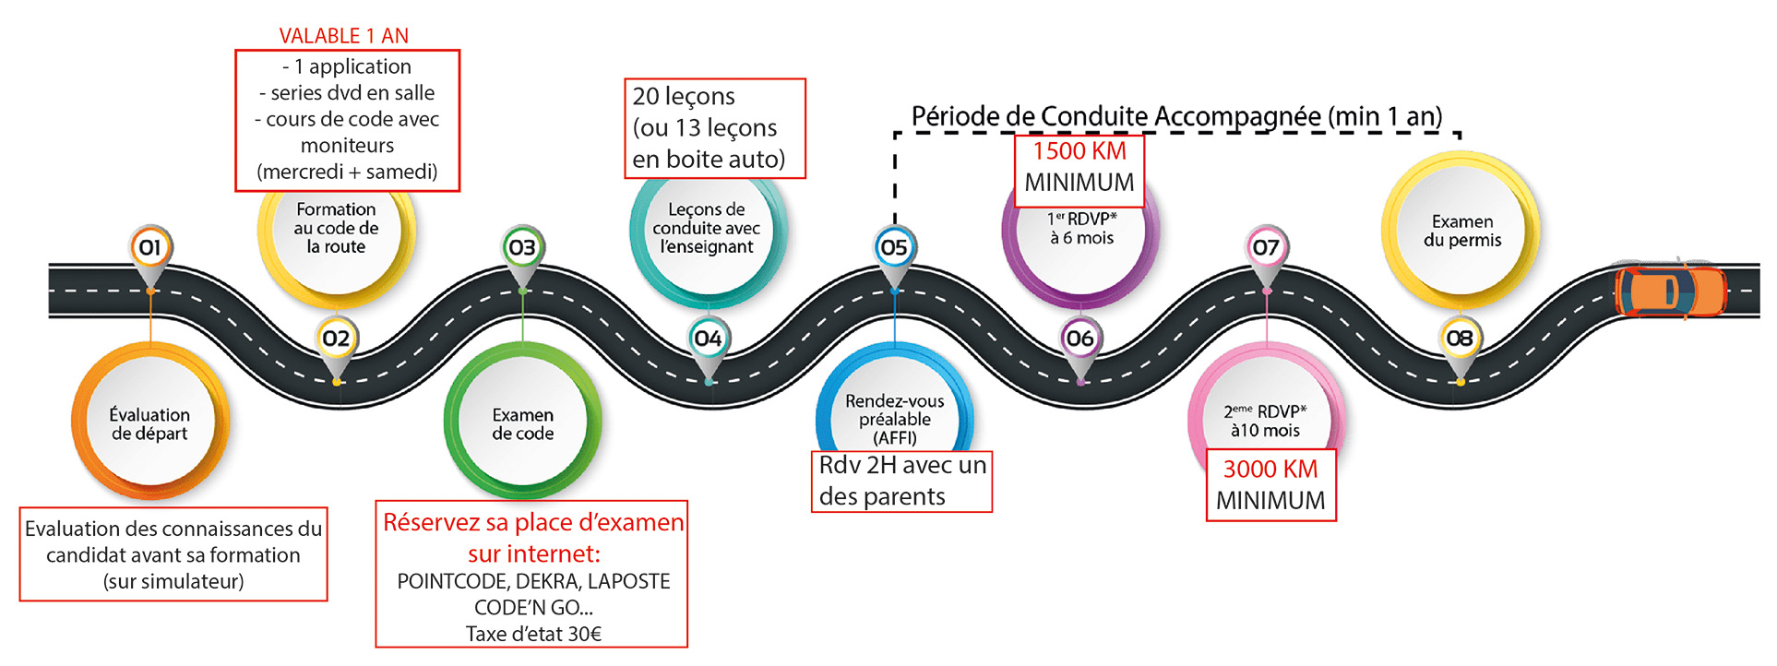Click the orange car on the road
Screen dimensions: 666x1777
(x=1669, y=291)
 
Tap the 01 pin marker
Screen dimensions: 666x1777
(x=149, y=247)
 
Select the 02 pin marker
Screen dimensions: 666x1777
(x=336, y=339)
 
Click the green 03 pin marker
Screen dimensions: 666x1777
(x=522, y=247)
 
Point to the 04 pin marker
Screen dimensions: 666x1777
(x=708, y=339)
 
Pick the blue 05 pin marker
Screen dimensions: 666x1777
(x=894, y=247)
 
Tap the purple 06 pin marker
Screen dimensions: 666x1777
(x=1079, y=339)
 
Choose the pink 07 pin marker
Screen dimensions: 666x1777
(x=1266, y=247)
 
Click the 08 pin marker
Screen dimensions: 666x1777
(x=1460, y=339)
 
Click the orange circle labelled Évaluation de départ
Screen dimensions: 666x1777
(x=149, y=423)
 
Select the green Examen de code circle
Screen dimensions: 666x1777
(x=522, y=423)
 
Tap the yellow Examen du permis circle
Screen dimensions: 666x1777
(x=1461, y=231)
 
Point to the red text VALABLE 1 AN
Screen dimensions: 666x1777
(x=343, y=36)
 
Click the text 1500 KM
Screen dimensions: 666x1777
(x=1079, y=151)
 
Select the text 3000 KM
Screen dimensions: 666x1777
(x=1270, y=470)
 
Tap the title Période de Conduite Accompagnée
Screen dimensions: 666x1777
(x=1176, y=117)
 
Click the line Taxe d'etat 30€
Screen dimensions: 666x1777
(x=533, y=634)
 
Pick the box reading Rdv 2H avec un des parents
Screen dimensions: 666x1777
(x=901, y=481)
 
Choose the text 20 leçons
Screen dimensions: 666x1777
(x=684, y=97)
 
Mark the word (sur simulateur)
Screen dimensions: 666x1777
(x=173, y=581)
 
